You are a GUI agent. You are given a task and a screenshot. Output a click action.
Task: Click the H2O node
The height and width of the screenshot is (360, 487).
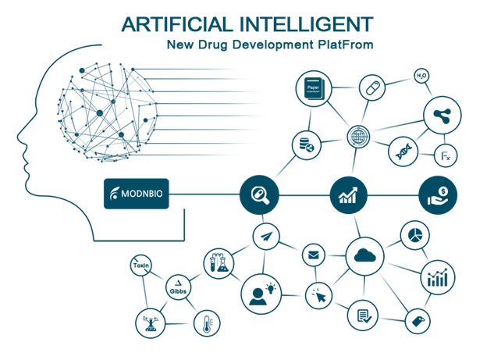point(421,76)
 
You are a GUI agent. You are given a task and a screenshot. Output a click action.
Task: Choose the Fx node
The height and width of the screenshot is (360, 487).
point(446,156)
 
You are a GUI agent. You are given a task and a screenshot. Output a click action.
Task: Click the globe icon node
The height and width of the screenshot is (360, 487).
point(358,137)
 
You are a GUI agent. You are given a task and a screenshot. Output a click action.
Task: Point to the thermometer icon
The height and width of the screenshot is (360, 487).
point(207,324)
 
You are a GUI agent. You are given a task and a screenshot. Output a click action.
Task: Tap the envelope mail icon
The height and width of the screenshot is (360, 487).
point(314,255)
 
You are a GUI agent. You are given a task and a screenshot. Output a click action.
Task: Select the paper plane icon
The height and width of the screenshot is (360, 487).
point(265,236)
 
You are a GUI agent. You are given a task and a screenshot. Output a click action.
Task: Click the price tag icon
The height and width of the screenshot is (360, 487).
point(417,320)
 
